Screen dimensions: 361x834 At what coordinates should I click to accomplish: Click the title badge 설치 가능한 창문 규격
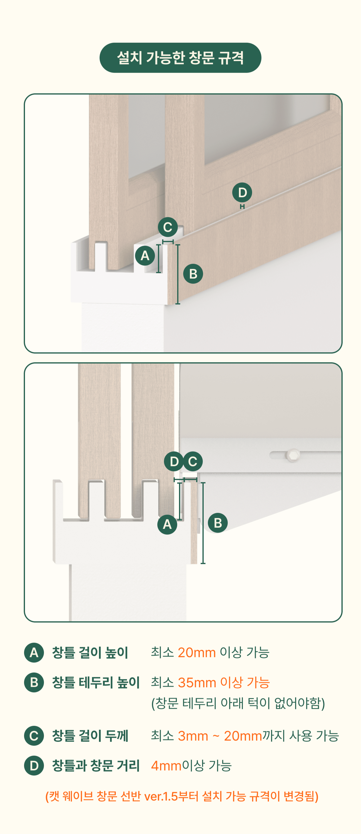[x=180, y=58]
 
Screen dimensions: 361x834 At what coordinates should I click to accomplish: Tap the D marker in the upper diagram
[x=242, y=193]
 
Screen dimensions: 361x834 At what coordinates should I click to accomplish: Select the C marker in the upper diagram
[x=168, y=227]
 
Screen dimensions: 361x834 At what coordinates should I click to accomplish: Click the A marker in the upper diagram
[x=145, y=256]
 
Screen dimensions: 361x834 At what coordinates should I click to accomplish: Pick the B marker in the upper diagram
[x=193, y=274]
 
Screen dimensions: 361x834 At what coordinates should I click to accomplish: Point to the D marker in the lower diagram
[x=174, y=461]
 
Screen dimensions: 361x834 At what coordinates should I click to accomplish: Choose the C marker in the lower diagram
[x=193, y=461]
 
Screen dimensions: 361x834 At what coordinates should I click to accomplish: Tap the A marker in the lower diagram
[x=167, y=524]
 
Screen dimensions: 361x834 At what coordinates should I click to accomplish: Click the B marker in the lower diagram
[x=218, y=523]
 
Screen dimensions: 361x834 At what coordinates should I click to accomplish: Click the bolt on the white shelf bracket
[x=293, y=455]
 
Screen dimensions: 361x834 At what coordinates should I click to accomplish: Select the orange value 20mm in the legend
[x=197, y=652]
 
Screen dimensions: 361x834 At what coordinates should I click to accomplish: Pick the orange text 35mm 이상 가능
[x=224, y=683]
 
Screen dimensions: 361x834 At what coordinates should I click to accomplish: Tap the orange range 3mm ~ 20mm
[x=220, y=736]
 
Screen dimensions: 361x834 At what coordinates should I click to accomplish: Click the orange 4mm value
[x=166, y=766]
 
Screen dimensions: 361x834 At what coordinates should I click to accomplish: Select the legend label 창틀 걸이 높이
[x=90, y=653]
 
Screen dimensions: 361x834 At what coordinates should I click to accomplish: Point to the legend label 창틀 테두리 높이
[x=96, y=683]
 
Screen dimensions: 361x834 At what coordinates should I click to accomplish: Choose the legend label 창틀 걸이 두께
[x=90, y=736]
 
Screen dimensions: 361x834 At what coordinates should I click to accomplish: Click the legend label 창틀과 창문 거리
[x=96, y=766]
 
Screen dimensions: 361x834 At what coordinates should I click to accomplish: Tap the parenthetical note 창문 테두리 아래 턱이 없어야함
[x=238, y=703]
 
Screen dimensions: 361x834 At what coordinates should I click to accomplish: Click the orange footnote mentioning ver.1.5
[x=182, y=796]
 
